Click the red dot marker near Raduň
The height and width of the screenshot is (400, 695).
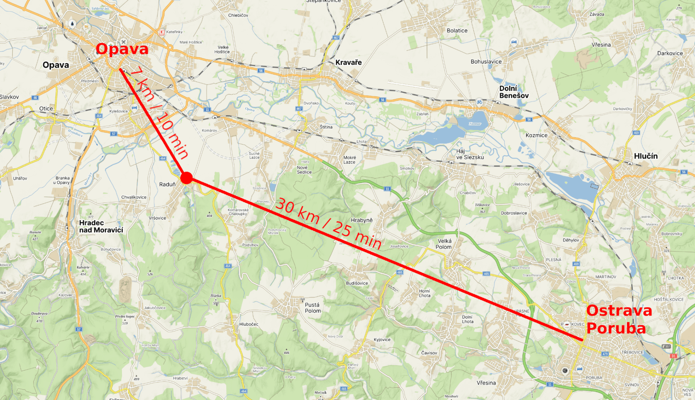pyautogui.click(x=186, y=178)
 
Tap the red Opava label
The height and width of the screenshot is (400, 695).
pyautogui.click(x=122, y=49)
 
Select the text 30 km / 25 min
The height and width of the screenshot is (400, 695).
pyautogui.click(x=329, y=223)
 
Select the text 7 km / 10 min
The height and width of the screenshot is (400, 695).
pyautogui.click(x=159, y=112)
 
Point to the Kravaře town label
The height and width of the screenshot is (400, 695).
pyautogui.click(x=348, y=62)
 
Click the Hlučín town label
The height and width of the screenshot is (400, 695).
pyautogui.click(x=646, y=156)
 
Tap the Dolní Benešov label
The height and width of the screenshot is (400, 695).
pyautogui.click(x=514, y=92)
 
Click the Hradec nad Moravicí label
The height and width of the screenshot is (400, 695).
pyautogui.click(x=101, y=226)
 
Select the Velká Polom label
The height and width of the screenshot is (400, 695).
pyautogui.click(x=444, y=244)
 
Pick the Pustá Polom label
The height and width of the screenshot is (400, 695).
pyautogui.click(x=312, y=308)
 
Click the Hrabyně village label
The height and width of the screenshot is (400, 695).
pyautogui.click(x=361, y=220)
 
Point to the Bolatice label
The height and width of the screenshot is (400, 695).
pyautogui.click(x=457, y=31)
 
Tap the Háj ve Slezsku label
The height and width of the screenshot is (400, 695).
pyautogui.click(x=469, y=154)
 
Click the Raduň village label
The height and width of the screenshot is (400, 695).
pyautogui.click(x=167, y=184)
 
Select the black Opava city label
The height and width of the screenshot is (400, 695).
pyautogui.click(x=56, y=65)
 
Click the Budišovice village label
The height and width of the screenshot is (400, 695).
pyautogui.click(x=357, y=283)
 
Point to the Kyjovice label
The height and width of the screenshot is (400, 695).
pyautogui.click(x=382, y=340)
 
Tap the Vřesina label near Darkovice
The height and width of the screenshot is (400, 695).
pyautogui.click(x=601, y=45)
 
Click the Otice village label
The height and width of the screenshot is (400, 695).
pyautogui.click(x=46, y=109)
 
